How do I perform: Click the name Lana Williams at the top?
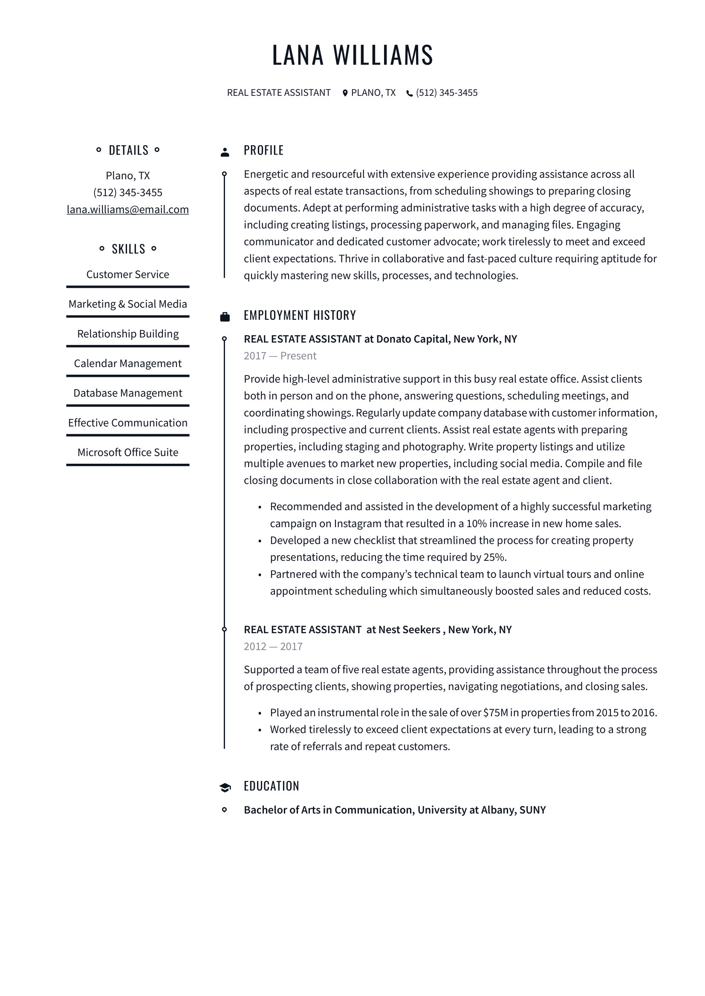point(352,55)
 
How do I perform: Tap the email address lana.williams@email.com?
point(127,210)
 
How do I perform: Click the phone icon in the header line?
point(409,93)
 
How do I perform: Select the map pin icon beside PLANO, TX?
point(345,93)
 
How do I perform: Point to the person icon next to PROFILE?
point(225,152)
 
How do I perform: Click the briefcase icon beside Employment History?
point(225,317)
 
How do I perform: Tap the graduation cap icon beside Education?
point(225,787)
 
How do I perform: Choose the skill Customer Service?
point(127,274)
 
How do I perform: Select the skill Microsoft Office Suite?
point(127,453)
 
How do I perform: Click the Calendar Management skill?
point(127,363)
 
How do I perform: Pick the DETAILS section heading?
point(128,150)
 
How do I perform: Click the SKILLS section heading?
point(128,249)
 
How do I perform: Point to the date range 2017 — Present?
point(280,356)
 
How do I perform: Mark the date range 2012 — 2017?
point(273,646)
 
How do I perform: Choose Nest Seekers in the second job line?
point(409,629)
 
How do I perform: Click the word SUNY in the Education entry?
point(533,810)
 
